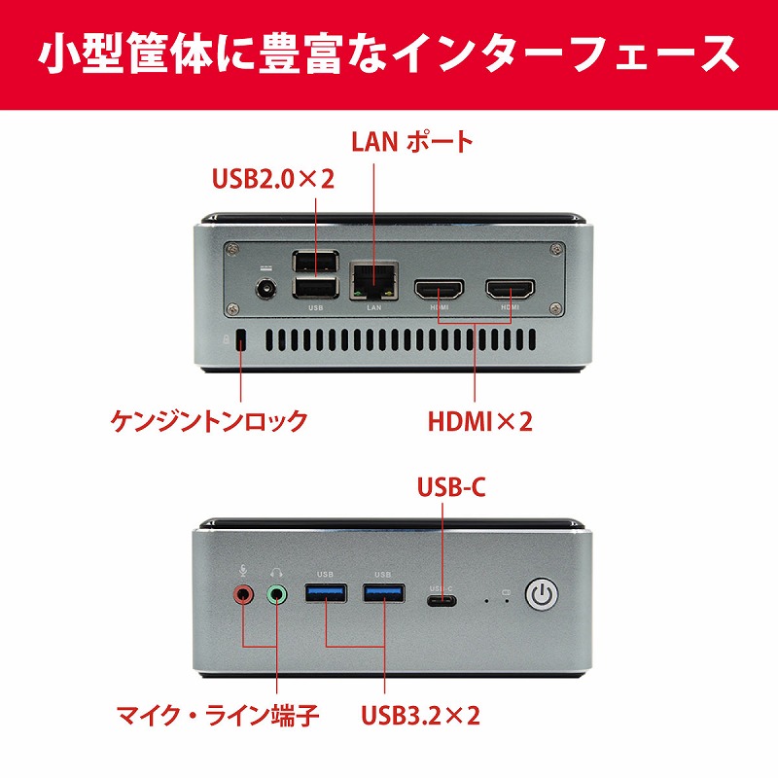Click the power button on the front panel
coord(542,593)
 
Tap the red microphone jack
coord(243,593)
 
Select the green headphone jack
coord(277,593)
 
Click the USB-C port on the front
coord(442,601)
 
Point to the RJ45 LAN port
coord(374,281)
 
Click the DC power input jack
coord(265,289)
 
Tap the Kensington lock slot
coord(241,340)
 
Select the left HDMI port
coord(440,289)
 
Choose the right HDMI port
coord(510,289)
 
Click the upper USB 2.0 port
coord(315,261)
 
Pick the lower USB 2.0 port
coord(315,288)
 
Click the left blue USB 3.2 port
coord(326,593)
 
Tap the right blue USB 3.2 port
coord(383,593)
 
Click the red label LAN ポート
coord(411,141)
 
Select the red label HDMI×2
coord(479,421)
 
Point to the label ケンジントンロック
coord(209,421)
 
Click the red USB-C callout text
coord(451,487)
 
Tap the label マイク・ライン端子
coord(218,715)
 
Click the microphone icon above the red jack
coord(242,571)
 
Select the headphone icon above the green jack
coord(276,573)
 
